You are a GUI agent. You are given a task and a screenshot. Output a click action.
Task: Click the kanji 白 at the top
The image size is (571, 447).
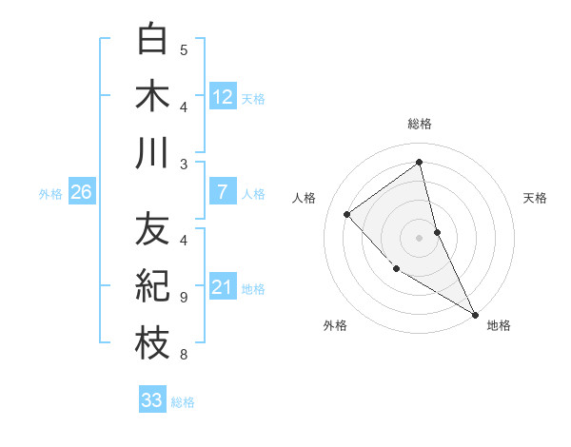point(153,41)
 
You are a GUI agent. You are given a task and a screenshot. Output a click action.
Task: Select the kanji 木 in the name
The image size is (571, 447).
point(153,97)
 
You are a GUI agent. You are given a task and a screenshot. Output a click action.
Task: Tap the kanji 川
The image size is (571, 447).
point(153,153)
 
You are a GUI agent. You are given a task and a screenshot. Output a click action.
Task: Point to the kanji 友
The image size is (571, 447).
point(153,229)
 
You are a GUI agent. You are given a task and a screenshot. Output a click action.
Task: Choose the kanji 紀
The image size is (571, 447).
point(153,286)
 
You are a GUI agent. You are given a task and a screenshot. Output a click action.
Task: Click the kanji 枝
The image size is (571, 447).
point(153,343)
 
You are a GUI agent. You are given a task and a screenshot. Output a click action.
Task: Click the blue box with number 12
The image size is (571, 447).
point(223,96)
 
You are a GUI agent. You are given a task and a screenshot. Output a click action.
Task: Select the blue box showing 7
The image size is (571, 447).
point(223,192)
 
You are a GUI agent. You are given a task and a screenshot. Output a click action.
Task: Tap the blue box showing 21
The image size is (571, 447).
point(223,287)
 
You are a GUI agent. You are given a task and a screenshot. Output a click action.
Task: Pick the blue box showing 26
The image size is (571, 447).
point(81,192)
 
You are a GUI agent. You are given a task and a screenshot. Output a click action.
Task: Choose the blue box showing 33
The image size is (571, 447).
point(152,400)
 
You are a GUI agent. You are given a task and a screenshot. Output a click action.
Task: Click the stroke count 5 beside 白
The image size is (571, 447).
point(184,49)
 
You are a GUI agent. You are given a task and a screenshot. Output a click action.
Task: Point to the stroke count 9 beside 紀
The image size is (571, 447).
point(184,297)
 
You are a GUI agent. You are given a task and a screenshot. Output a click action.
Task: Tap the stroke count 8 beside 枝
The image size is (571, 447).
point(184,355)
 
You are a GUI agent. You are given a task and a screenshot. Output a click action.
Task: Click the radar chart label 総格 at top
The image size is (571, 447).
point(420,124)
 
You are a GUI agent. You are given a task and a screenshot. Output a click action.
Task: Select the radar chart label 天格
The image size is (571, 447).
point(535,198)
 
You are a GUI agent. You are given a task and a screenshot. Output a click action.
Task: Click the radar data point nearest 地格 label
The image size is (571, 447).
point(475,314)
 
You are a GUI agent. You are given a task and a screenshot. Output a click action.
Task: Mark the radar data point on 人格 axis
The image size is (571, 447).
point(347,214)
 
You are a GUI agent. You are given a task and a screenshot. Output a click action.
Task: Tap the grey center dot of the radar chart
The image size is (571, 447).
point(420,237)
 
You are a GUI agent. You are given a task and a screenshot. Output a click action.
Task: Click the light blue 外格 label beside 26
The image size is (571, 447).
point(50,194)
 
